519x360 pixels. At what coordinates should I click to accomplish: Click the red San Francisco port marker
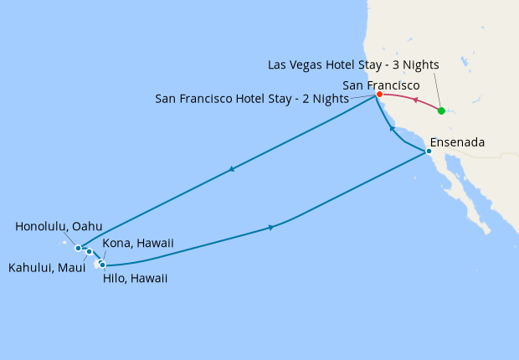tap(379, 94)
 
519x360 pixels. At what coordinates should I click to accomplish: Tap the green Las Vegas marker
tap(441, 111)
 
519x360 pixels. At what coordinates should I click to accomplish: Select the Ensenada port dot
tap(429, 152)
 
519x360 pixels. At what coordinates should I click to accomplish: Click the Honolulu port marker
tap(78, 248)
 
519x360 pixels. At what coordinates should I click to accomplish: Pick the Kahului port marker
tap(89, 251)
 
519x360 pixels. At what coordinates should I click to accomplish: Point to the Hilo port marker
tap(103, 265)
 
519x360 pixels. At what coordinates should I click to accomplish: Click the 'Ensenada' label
tap(456, 142)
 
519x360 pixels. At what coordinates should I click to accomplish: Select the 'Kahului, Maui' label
tap(46, 268)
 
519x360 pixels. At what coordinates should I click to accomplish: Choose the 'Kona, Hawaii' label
tap(137, 243)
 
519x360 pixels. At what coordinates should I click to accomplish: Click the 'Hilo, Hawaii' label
tap(135, 278)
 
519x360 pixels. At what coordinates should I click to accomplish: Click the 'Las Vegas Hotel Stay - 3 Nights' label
tap(353, 64)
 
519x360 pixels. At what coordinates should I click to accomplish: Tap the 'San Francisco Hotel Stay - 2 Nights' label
tap(252, 98)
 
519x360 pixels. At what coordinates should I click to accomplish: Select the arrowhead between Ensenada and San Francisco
tap(391, 129)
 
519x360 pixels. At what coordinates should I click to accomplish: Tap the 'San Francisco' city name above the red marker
tap(382, 85)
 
